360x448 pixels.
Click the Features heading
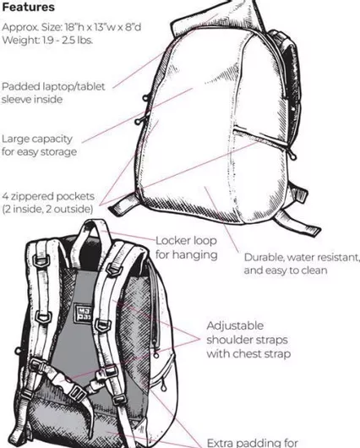tap(28, 7)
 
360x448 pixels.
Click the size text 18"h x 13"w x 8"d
tap(103, 27)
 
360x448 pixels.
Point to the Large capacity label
tap(37, 139)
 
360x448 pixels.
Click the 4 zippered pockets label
tap(48, 196)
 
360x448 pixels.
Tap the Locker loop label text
tap(186, 241)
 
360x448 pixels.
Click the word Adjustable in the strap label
tap(235, 325)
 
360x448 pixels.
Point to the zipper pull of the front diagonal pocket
tap(293, 155)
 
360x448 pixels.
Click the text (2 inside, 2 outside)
tap(47, 209)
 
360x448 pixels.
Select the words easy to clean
tap(297, 270)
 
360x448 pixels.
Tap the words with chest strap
tap(248, 354)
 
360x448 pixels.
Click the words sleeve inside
tap(32, 100)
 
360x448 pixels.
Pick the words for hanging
tap(187, 254)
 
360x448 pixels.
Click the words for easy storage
tap(39, 151)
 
